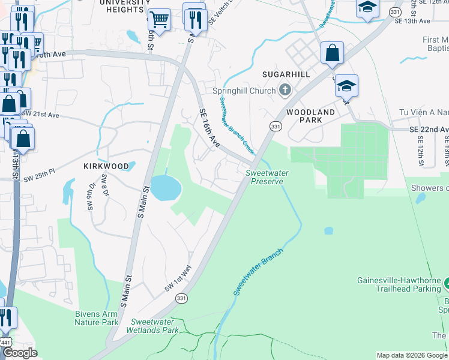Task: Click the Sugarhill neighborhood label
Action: (286, 74)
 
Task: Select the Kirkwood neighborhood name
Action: (106, 166)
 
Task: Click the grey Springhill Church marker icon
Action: (285, 91)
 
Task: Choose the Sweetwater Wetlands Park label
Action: (152, 326)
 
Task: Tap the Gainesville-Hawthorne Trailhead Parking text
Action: (399, 284)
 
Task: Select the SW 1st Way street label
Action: (177, 279)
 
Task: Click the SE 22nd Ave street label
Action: (429, 130)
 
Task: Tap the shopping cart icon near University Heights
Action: (159, 20)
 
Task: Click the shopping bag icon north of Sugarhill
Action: (332, 53)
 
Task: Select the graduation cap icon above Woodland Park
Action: (346, 86)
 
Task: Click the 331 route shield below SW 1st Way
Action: (181, 298)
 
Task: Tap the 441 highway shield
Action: (5, 341)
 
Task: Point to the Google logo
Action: (20, 353)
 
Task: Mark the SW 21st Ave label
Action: (41, 115)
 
